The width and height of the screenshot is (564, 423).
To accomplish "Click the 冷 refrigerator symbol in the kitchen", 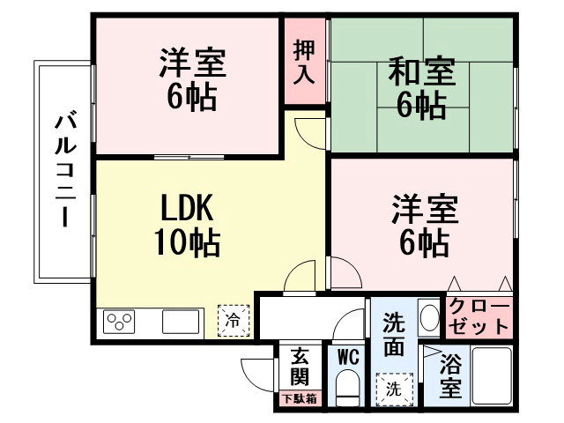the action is (234, 321).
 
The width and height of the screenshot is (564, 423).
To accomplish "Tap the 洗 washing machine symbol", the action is (395, 389).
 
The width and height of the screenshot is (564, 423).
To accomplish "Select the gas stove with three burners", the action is (119, 321).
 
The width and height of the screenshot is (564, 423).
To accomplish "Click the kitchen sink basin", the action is (181, 322).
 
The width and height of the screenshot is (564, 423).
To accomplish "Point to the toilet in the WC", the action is (347, 388).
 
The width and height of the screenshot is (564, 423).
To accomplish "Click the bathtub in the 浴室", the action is (492, 376).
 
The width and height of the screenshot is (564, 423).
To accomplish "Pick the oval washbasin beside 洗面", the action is (429, 317).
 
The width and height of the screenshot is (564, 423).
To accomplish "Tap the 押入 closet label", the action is (305, 63).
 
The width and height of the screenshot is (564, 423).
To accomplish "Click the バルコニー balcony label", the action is (65, 170).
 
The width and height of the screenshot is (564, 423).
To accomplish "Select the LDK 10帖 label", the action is (188, 225).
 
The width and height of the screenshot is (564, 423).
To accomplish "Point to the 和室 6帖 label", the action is (422, 87).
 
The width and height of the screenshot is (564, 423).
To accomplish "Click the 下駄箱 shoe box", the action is (300, 398).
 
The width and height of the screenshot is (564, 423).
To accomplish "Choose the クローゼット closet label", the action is (479, 317).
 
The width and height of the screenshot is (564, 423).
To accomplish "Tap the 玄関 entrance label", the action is (300, 367).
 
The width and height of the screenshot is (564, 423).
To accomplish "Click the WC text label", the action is (348, 357).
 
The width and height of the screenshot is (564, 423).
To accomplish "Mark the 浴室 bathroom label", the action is (450, 375).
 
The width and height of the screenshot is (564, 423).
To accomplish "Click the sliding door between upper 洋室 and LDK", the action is (189, 157).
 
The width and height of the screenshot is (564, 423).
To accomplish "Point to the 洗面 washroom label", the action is (394, 335).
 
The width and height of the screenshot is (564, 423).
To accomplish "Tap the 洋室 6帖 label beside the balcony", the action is (192, 79).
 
